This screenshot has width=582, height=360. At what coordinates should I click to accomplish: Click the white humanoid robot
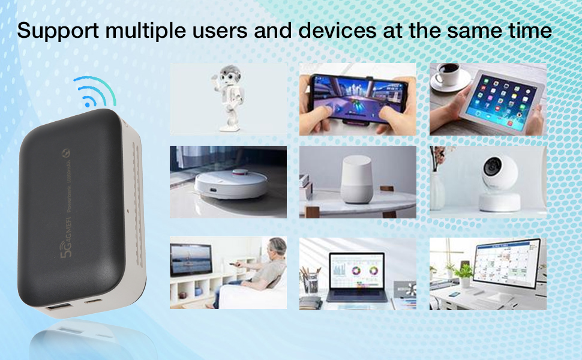point(227,98)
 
